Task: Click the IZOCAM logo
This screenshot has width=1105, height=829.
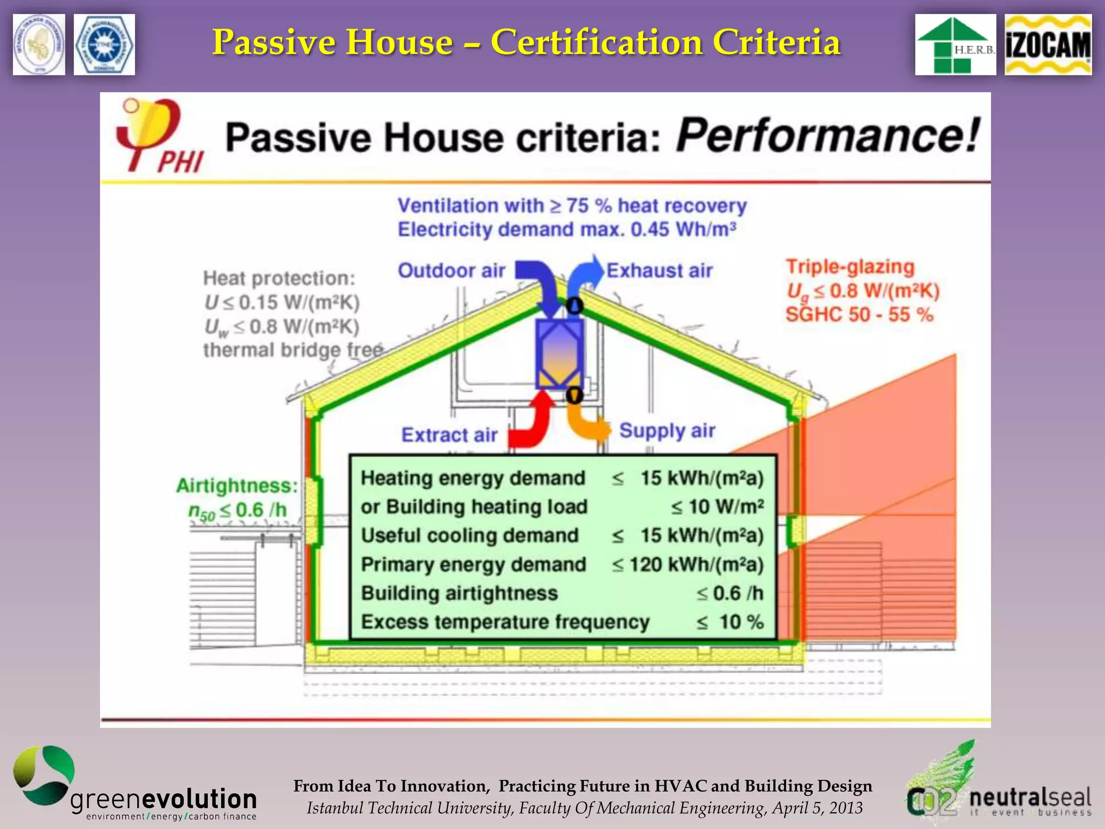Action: coord(1048,45)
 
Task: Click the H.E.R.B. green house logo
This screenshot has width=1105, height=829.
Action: coord(955,45)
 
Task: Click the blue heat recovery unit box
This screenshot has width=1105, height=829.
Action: coord(560,354)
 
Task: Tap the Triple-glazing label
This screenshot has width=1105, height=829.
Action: coord(850,267)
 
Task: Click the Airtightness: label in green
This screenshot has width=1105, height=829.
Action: coord(237,486)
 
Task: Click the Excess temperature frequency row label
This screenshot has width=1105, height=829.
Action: coord(505,622)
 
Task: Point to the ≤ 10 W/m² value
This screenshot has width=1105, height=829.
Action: coord(717,507)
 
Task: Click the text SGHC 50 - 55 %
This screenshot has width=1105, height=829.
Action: coord(859,315)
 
